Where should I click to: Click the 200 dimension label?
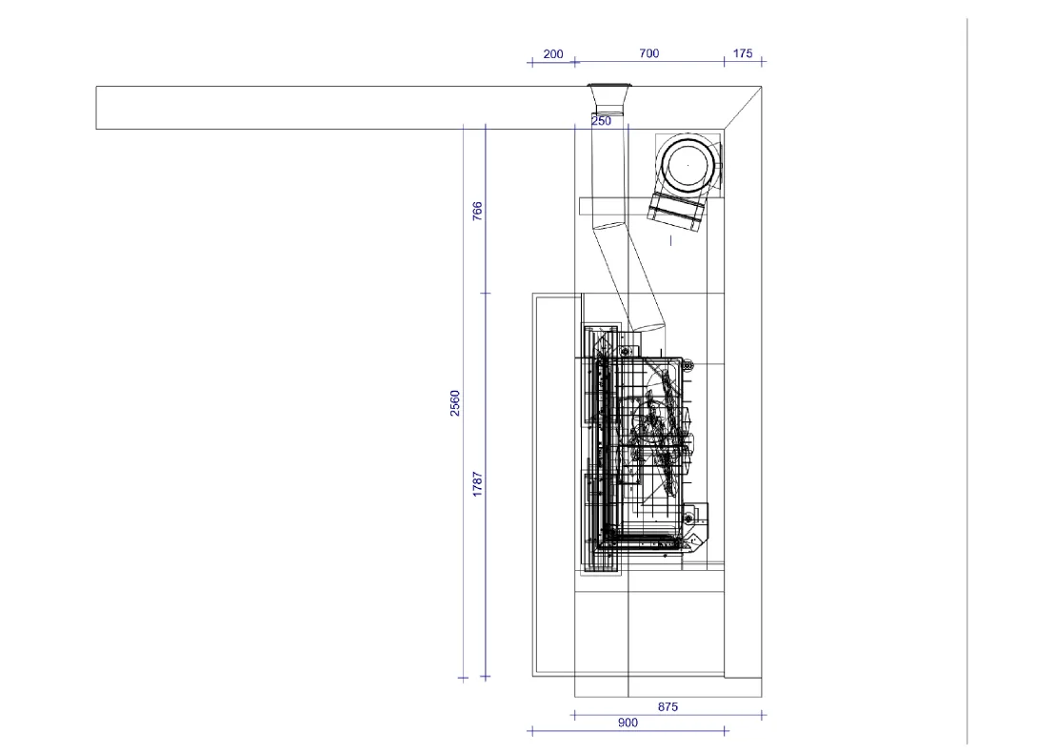tap(553, 53)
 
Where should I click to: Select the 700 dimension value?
tap(648, 53)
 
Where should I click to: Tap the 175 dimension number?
tap(743, 53)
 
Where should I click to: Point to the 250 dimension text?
tap(601, 120)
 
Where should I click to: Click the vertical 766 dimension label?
tap(477, 211)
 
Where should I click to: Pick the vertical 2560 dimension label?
tap(455, 403)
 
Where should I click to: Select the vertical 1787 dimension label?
tap(477, 484)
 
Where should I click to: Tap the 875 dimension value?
tap(668, 707)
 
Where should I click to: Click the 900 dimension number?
tap(628, 723)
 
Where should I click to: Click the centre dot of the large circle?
tap(688, 165)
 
